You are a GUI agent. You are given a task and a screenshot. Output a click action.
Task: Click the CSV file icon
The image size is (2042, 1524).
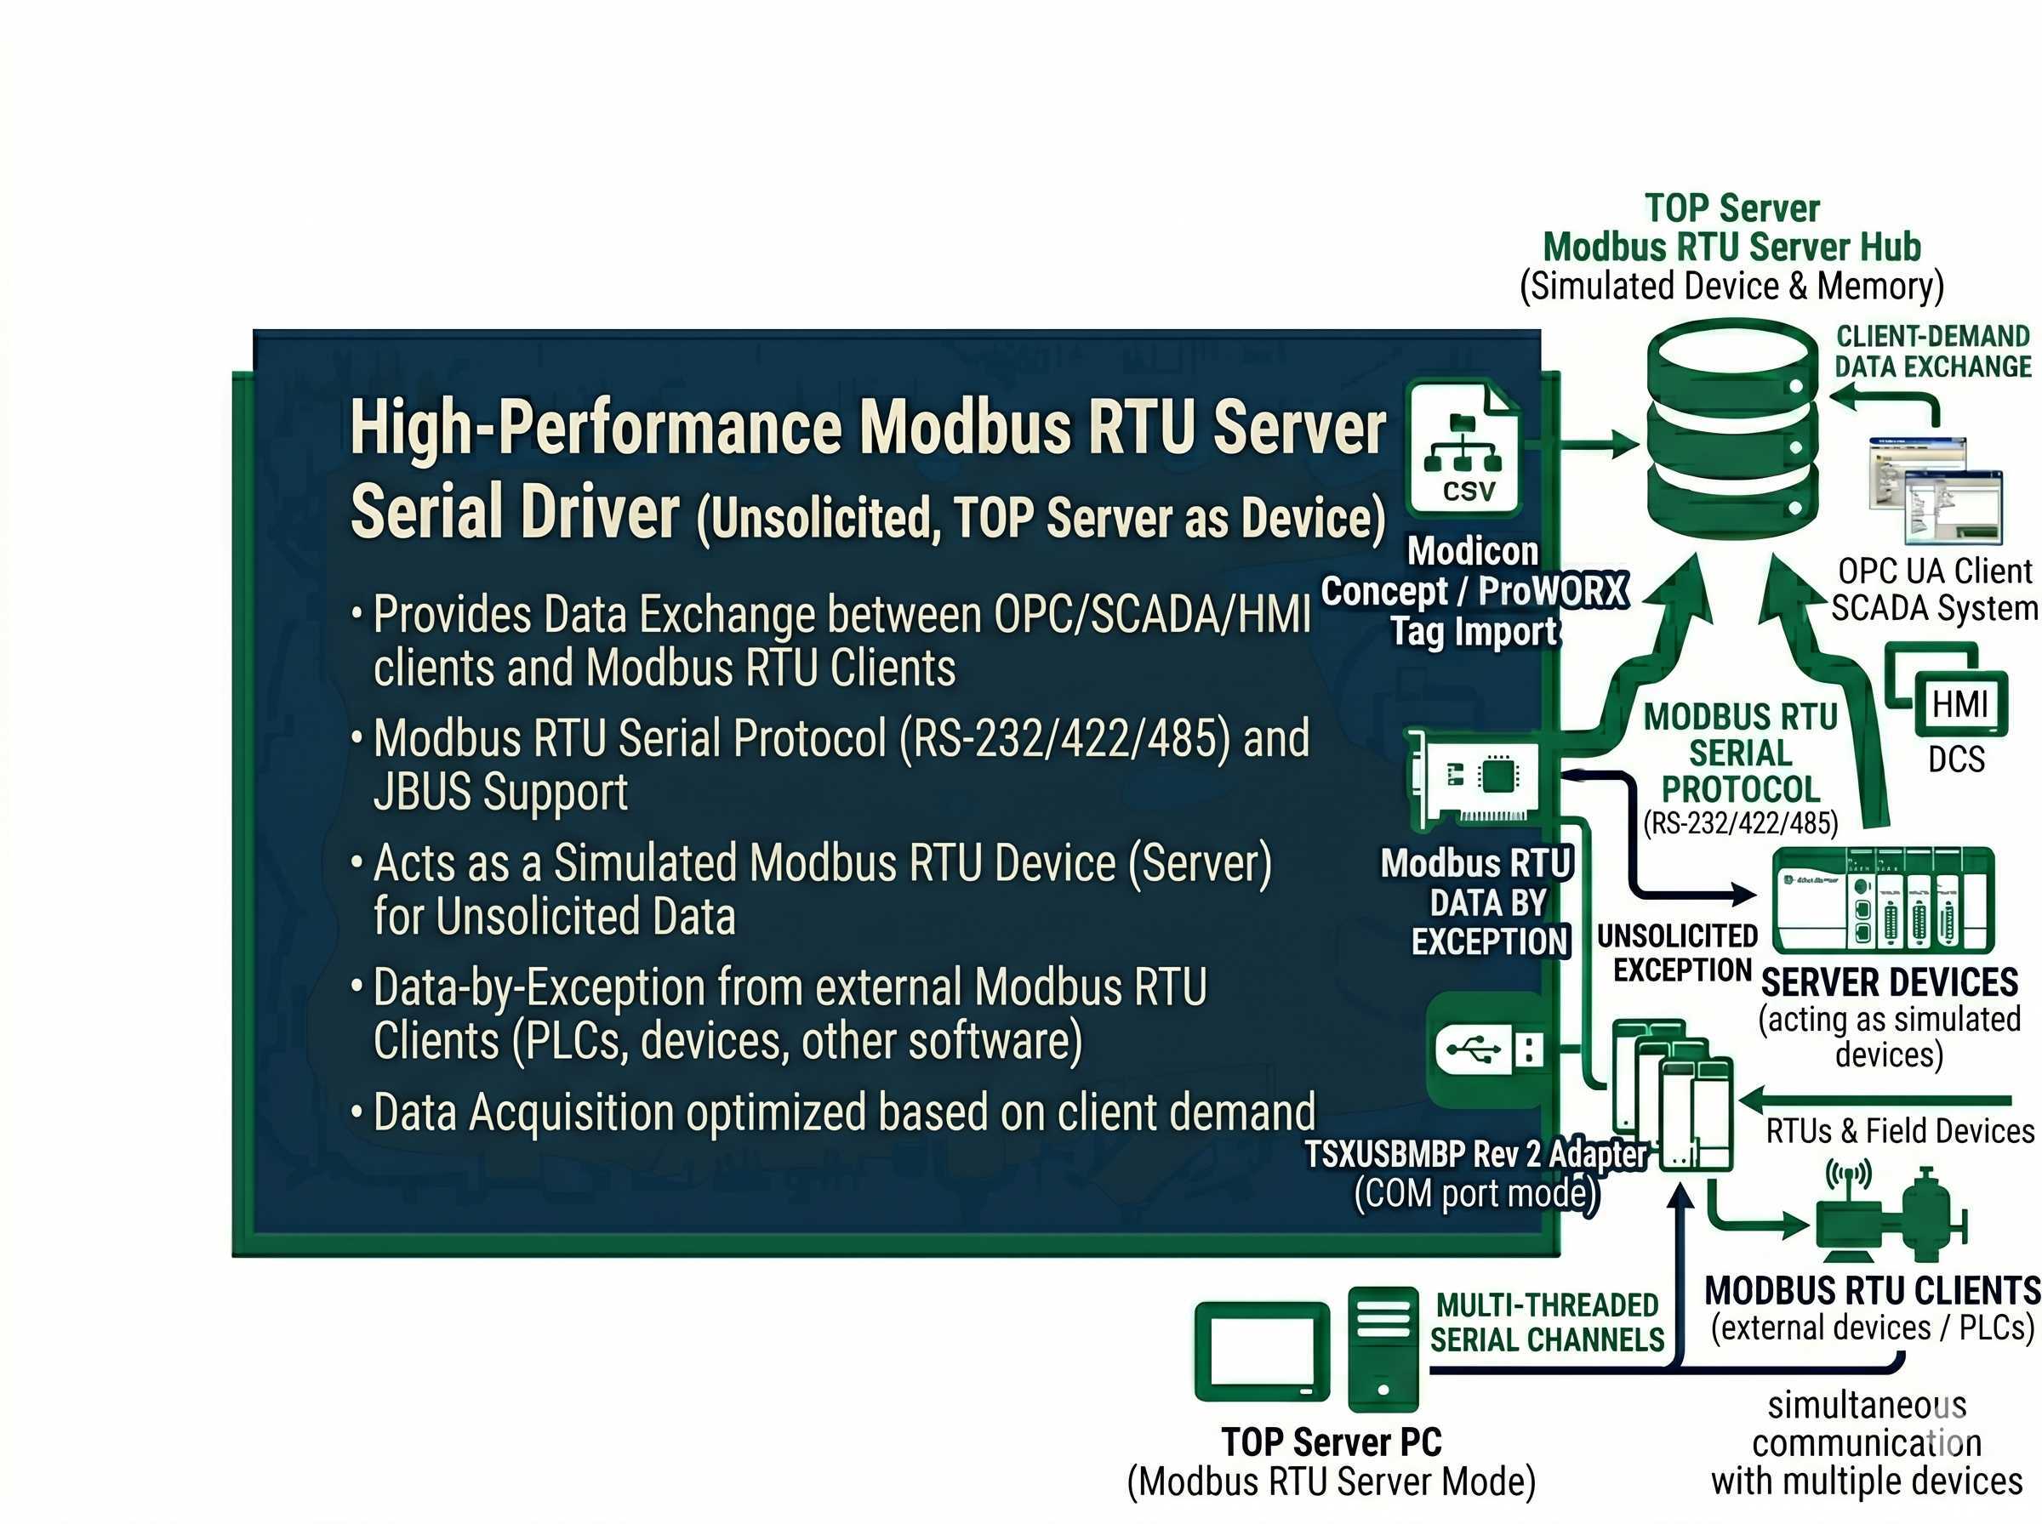[x=1463, y=449]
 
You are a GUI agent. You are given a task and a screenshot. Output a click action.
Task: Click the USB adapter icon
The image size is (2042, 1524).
[x=1487, y=1049]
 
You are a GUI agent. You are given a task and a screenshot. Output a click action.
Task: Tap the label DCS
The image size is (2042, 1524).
[x=1955, y=759]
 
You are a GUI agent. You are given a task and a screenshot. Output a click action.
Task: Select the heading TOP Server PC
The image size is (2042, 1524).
[x=1331, y=1441]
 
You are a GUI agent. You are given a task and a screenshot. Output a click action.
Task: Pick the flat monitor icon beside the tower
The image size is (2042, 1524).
[x=1262, y=1351]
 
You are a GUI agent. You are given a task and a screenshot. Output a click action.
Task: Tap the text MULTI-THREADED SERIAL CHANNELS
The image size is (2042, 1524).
[x=1547, y=1322]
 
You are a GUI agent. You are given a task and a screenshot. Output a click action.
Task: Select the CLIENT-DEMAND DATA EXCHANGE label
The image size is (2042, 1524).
[x=1932, y=351]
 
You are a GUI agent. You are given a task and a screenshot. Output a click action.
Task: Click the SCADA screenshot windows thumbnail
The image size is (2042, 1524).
[x=1935, y=489]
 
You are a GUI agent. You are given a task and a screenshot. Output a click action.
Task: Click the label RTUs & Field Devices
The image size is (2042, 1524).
[x=1899, y=1130]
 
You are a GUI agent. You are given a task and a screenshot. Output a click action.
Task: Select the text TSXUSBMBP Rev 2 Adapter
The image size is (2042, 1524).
[x=1474, y=1153]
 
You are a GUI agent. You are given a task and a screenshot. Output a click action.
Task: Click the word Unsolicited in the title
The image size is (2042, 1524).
[x=819, y=518]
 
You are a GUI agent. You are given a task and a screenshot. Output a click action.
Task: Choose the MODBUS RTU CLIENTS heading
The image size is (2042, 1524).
[x=1871, y=1289]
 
